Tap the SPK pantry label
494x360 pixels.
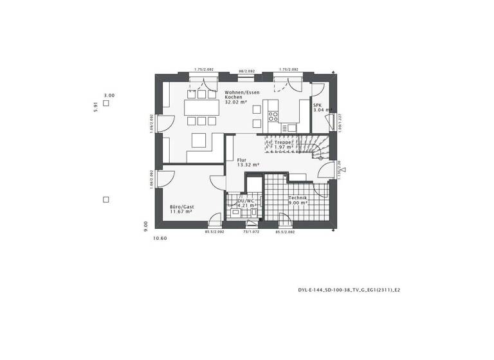coord(320,107)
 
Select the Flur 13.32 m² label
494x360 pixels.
coord(248,162)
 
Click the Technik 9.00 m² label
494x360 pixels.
coord(297,200)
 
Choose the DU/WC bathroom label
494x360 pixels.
coord(246,203)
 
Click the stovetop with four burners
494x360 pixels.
coord(273,117)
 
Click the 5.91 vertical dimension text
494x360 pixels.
coord(95,106)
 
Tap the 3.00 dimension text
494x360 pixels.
coord(109,95)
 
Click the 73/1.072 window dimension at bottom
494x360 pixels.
coord(250,231)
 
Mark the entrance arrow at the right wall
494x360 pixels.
coord(344,170)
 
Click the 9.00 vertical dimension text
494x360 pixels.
coord(147,225)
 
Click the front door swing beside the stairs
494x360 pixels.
coord(326,172)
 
